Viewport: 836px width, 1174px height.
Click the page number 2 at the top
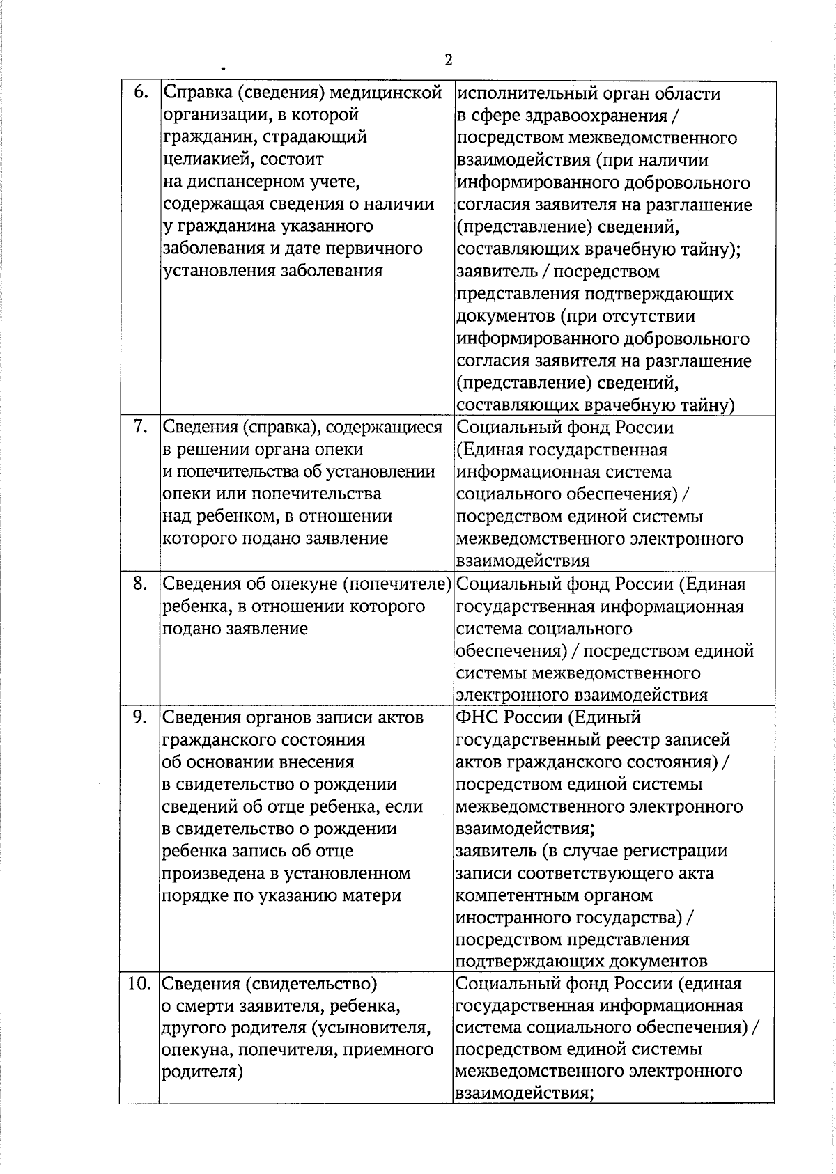pos(448,60)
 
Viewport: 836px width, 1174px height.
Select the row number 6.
pos(140,93)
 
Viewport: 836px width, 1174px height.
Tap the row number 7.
pos(140,427)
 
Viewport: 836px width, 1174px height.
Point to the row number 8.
pos(140,584)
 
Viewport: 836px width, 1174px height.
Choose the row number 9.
pos(140,717)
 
